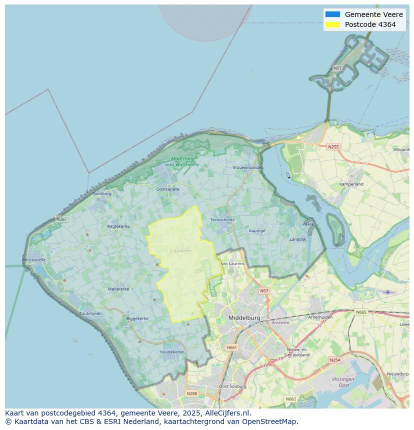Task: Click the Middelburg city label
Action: coord(244,318)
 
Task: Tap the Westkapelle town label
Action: coord(33,260)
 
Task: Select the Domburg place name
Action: coord(102,194)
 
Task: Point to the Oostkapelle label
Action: coord(167,189)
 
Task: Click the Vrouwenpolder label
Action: coord(247,167)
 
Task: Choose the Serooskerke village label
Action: coord(222,220)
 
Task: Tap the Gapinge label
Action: coord(257,230)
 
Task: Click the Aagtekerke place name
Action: coord(118,226)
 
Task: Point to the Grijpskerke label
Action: coord(180,251)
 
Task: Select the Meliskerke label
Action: coord(118,289)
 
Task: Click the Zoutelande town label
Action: coord(90,314)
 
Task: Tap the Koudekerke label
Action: coord(172,352)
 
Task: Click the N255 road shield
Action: coord(333,147)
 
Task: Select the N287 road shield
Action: coord(61,219)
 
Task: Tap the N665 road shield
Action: coord(361,312)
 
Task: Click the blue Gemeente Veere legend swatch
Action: coord(332,14)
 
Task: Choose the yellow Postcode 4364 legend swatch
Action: coord(332,24)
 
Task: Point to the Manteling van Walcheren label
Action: coord(182,162)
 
